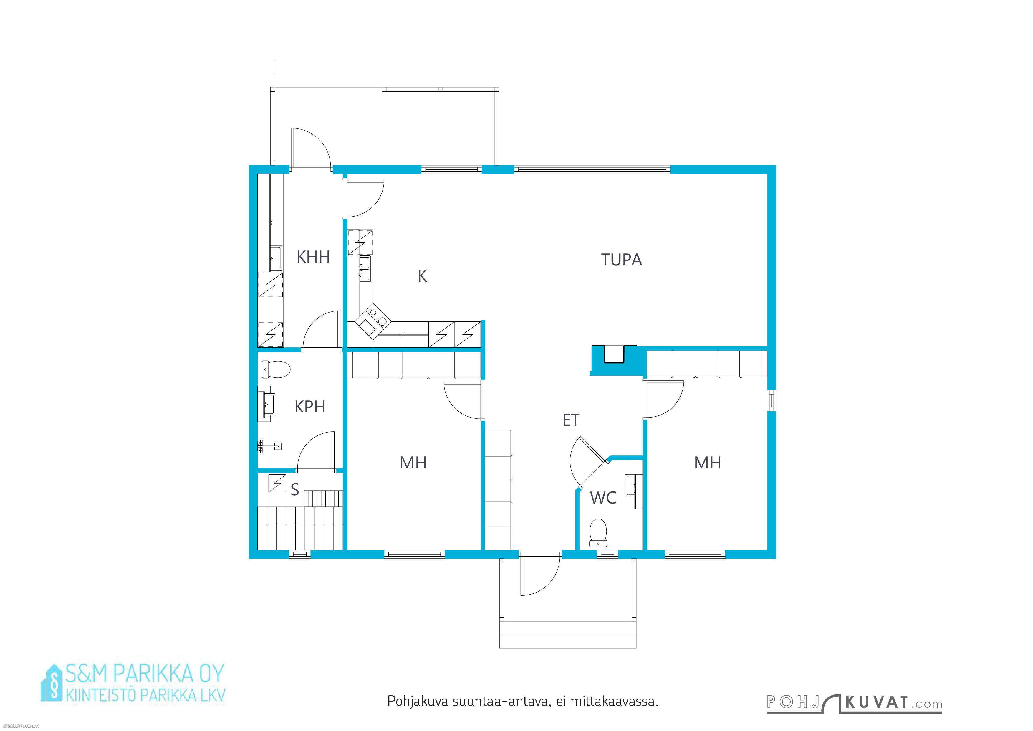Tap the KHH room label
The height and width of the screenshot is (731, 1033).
[313, 257]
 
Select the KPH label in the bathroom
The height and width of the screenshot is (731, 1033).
[309, 407]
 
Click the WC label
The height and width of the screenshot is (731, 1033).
[603, 498]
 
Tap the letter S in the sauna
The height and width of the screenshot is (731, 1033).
[295, 490]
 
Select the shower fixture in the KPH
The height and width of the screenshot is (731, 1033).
[269, 446]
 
